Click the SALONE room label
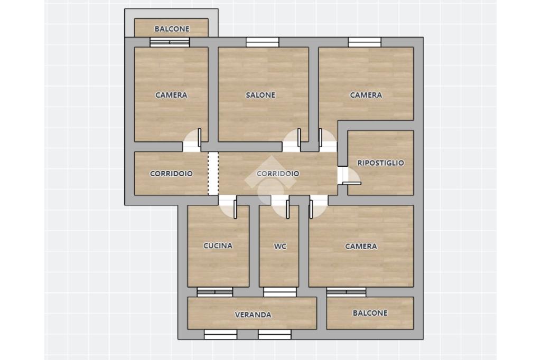[260, 95]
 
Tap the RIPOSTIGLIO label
[380, 163]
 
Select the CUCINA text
[218, 245]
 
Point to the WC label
[280, 246]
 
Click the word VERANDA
[253, 315]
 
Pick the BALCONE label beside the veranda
[370, 313]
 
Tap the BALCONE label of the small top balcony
[172, 29]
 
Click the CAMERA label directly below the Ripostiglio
[361, 246]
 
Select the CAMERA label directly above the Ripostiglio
[366, 95]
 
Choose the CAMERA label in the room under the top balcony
[171, 95]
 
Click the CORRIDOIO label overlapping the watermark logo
[278, 174]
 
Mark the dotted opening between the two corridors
[213, 174]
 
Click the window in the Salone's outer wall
[262, 42]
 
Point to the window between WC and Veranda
[280, 292]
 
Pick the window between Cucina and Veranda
[215, 292]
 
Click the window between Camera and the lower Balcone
[346, 292]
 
